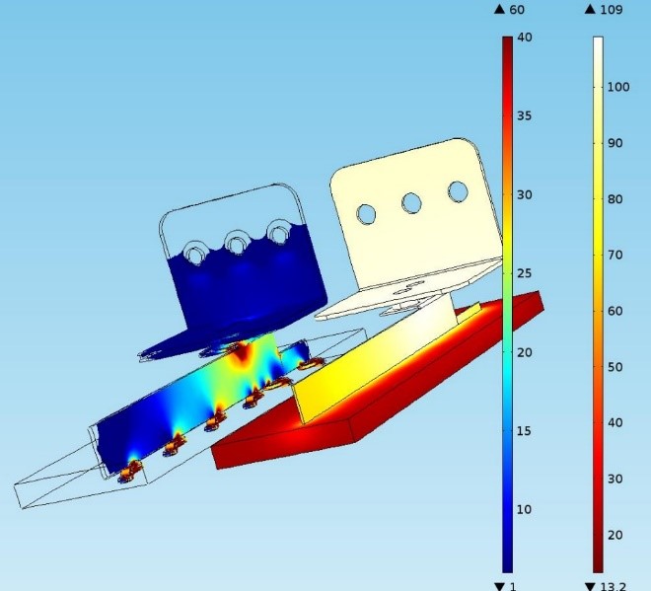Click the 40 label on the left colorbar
coord(525,37)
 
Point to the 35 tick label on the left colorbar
coord(525,115)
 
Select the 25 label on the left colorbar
coord(525,273)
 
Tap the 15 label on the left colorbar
coord(525,431)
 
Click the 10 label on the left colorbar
coord(525,509)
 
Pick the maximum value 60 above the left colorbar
coord(517,10)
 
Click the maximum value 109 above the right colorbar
coord(612,10)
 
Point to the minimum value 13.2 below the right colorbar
coord(613,586)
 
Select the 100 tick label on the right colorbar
coord(618,87)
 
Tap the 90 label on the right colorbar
coord(615,143)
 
